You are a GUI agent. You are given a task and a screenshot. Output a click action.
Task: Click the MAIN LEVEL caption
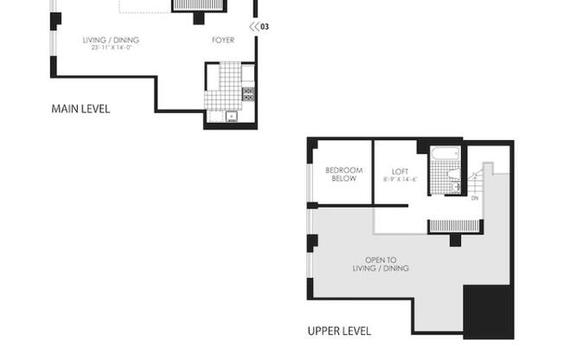(80, 109)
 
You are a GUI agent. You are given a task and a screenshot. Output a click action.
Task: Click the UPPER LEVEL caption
(339, 331)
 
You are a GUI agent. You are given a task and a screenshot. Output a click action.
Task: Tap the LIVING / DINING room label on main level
(111, 40)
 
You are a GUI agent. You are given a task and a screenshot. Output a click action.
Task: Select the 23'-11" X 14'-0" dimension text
(111, 48)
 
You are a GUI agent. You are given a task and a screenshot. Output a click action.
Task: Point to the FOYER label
(223, 40)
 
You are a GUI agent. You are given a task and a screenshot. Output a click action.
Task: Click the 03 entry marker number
(265, 27)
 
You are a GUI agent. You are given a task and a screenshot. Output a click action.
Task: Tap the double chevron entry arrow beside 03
(253, 27)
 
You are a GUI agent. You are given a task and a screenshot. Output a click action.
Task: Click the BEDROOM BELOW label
(343, 174)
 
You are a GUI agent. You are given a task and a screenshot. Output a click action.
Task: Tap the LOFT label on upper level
(400, 170)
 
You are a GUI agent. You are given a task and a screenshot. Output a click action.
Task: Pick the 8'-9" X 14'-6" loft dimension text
(400, 179)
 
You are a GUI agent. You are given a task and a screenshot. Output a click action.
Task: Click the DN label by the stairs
(474, 198)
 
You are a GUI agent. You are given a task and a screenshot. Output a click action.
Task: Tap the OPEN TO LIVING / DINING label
(387, 264)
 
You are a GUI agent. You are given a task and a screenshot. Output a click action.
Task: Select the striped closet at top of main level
(199, 5)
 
